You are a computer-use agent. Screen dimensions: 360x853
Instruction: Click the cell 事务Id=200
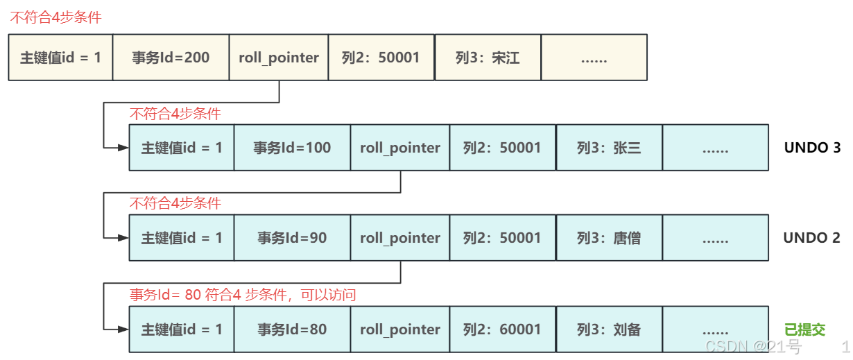click(171, 58)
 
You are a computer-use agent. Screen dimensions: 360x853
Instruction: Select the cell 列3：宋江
click(487, 58)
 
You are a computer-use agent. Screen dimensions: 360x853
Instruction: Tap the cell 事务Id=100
click(292, 148)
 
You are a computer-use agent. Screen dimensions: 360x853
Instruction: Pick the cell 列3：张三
click(609, 148)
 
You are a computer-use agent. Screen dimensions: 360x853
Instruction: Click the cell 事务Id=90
click(292, 238)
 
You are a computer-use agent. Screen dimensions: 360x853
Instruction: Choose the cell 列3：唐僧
click(609, 238)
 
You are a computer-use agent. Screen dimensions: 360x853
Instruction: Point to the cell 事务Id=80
click(292, 329)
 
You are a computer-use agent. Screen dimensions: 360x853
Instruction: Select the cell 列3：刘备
click(609, 329)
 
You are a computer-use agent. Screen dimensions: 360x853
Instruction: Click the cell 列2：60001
click(502, 329)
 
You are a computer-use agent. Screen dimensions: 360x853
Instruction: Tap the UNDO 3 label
click(812, 148)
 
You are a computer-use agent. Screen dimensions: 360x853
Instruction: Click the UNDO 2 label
click(811, 238)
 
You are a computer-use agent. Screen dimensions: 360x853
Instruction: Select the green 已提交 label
click(804, 329)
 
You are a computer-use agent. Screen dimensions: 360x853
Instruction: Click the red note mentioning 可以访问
click(243, 295)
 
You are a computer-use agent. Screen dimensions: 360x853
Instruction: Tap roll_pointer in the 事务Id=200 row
click(279, 58)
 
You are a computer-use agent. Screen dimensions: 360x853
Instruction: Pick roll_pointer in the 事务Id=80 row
click(400, 329)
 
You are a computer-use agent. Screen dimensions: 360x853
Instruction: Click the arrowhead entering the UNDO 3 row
click(124, 148)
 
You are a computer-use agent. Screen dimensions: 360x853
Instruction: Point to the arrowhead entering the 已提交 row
click(124, 329)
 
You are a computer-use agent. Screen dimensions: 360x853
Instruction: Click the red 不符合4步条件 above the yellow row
click(55, 17)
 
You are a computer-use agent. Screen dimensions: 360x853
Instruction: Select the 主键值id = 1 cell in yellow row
click(60, 58)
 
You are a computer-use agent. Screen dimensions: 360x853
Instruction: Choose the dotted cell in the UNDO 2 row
click(715, 238)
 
